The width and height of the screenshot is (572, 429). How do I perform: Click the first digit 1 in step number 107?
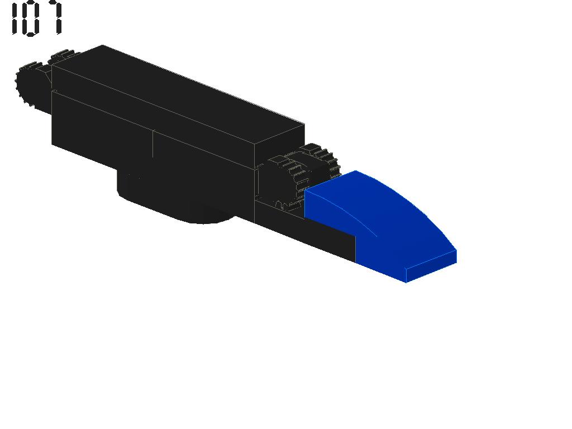coord(15,18)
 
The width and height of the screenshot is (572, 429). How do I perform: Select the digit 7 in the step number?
coord(54,18)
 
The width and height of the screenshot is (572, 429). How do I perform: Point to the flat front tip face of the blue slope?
coord(431,266)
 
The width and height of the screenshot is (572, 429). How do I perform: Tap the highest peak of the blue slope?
coord(356,171)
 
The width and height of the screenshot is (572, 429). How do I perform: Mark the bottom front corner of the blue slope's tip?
coord(406,282)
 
